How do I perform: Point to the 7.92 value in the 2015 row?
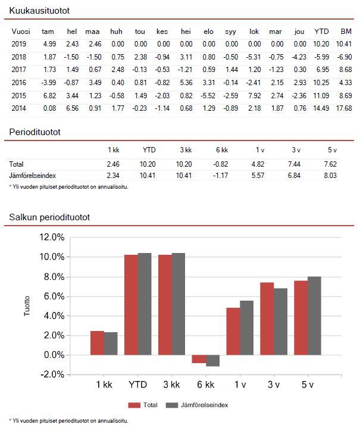tap(253, 95)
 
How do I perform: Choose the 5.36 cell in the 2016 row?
tap(185, 82)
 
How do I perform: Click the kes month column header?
tap(162, 31)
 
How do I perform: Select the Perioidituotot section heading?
tap(35, 132)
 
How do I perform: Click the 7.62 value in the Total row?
tap(330, 164)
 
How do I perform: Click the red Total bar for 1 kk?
tap(97, 343)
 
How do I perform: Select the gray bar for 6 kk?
tap(212, 360)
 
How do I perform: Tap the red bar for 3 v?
tap(267, 318)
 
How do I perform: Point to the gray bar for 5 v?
tap(314, 316)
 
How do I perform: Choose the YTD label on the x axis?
tap(137, 385)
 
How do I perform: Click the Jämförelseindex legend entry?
tap(196, 405)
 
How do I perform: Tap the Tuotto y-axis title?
tap(26, 306)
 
